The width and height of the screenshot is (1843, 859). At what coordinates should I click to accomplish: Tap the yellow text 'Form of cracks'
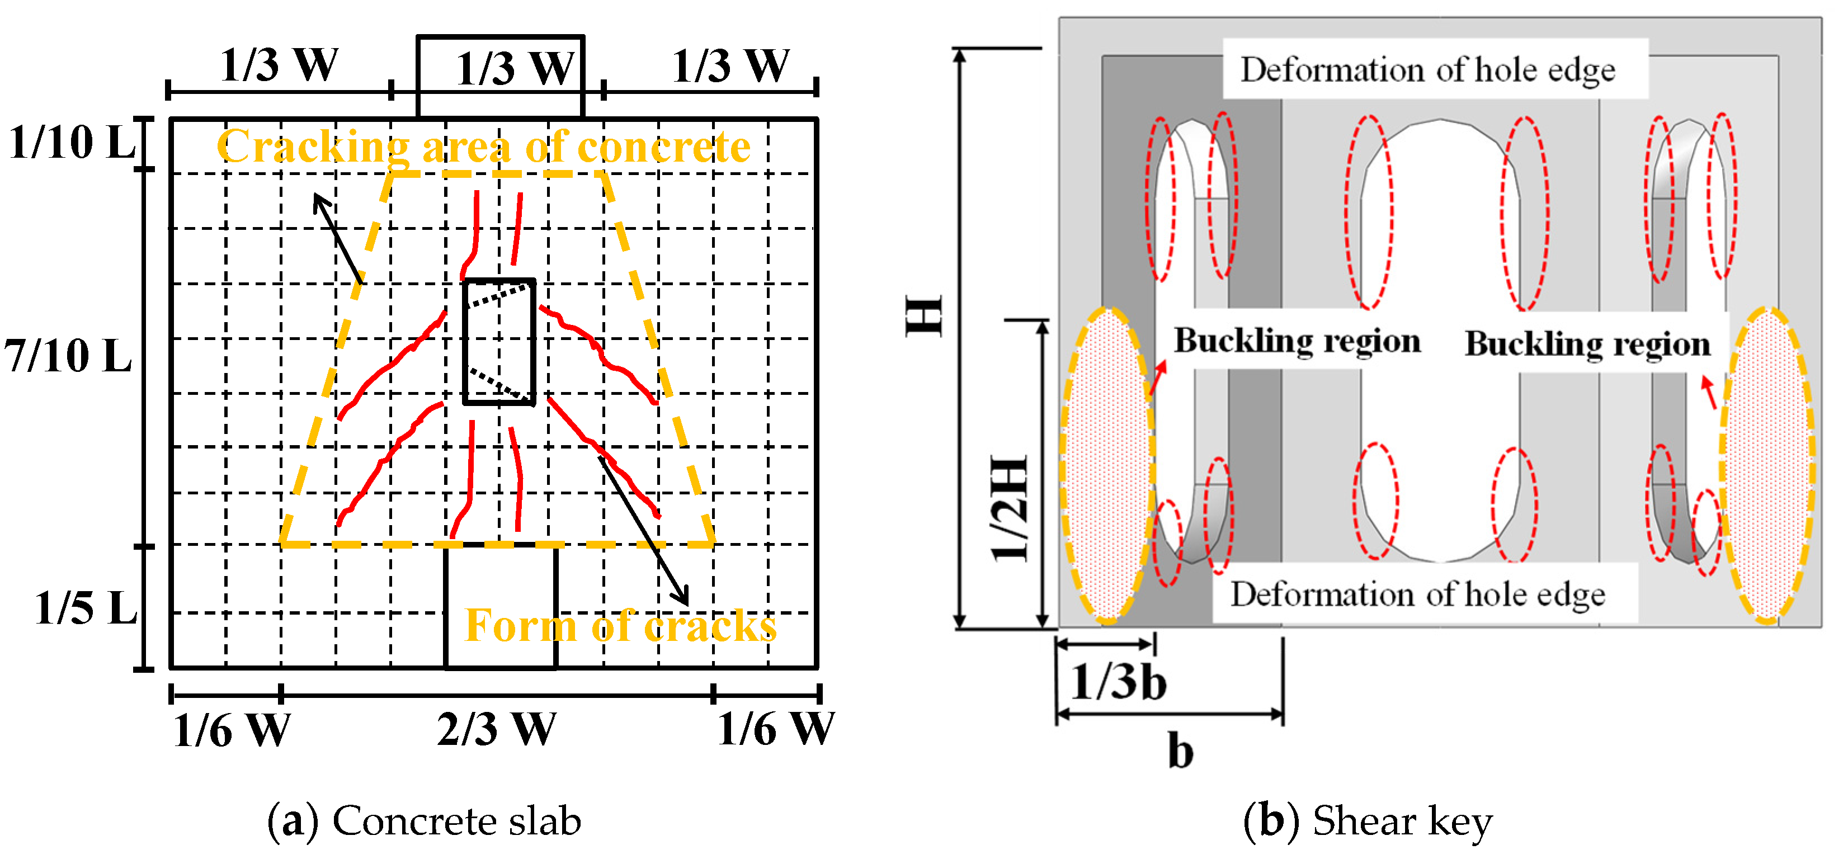coord(620,626)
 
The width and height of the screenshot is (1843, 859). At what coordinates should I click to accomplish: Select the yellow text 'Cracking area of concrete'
coord(484,147)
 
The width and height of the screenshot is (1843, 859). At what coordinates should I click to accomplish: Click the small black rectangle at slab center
coord(499,342)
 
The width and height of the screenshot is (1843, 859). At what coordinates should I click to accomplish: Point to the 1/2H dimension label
coord(1010,508)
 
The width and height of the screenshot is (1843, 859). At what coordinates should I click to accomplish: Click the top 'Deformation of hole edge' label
coord(1427,70)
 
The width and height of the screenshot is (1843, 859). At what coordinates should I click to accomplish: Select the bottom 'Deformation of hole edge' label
coord(1417,594)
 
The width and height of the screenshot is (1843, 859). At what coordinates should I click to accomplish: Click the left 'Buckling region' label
coord(1297,341)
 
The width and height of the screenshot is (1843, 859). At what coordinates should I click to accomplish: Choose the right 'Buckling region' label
coord(1587,343)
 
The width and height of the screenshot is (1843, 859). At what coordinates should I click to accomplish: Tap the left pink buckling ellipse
coord(1106,465)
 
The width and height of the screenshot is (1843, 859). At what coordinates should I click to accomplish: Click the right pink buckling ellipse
coord(1766,465)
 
